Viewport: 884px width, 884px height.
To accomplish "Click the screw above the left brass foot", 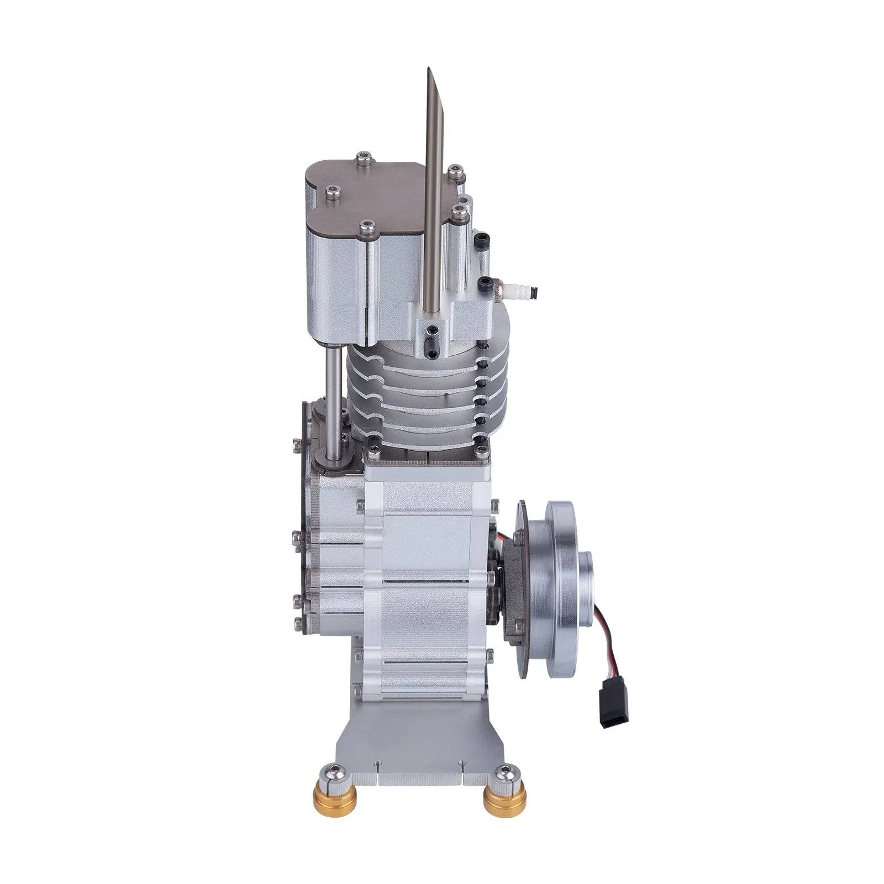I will pos(333,786).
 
